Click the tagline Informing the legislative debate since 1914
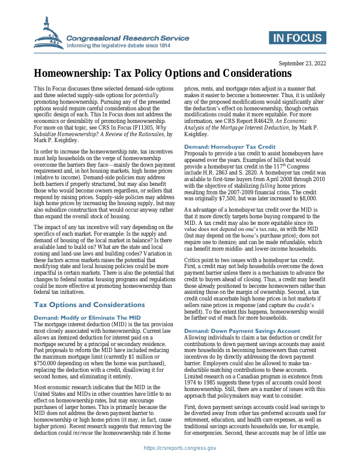(119, 45)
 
